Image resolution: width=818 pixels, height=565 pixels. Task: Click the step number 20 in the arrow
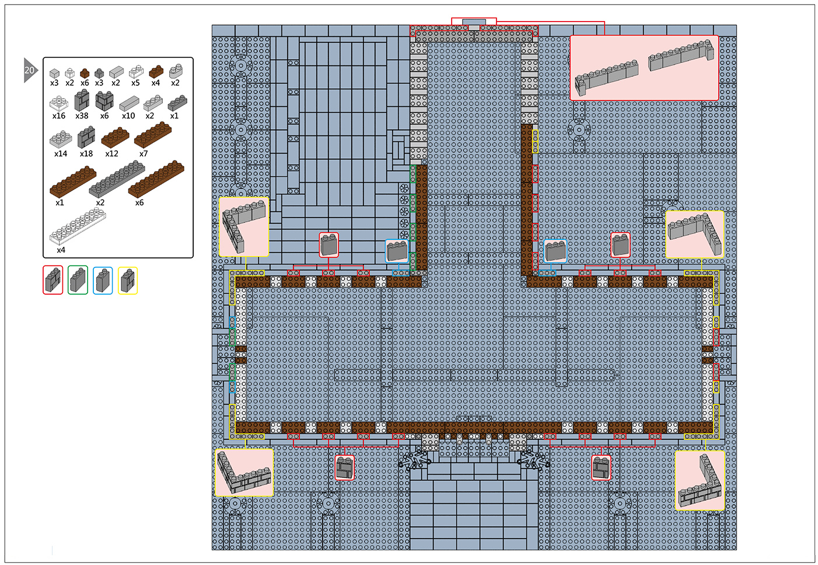(x=29, y=70)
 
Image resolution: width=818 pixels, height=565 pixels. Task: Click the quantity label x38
(x=82, y=116)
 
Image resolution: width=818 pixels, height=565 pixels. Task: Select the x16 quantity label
(x=59, y=116)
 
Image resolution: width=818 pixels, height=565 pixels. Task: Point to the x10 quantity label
(x=128, y=116)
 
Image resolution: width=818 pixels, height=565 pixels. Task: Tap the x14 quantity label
(x=61, y=154)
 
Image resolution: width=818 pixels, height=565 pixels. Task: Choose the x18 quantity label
(x=86, y=154)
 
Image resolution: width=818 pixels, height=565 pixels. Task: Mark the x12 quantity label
(x=112, y=154)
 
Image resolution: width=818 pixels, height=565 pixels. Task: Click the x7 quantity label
(x=144, y=154)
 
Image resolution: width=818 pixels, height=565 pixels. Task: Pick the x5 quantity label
(x=135, y=83)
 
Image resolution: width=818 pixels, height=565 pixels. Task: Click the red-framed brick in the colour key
(x=53, y=280)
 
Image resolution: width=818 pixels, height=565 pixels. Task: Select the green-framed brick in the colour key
(x=78, y=280)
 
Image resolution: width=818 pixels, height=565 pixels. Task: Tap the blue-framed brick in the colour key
(x=103, y=281)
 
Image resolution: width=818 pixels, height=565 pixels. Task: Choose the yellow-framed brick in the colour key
(x=127, y=281)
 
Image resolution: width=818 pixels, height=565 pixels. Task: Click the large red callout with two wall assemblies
(x=644, y=68)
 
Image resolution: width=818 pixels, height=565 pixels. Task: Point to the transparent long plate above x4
(x=78, y=226)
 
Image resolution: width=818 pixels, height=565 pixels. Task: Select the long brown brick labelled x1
(x=73, y=181)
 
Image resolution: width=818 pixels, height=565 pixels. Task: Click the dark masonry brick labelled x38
(x=82, y=100)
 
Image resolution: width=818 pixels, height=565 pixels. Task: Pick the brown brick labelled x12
(x=115, y=138)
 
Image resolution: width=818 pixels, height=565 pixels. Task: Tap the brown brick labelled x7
(x=153, y=135)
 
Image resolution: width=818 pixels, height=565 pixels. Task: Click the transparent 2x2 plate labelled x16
(x=59, y=103)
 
